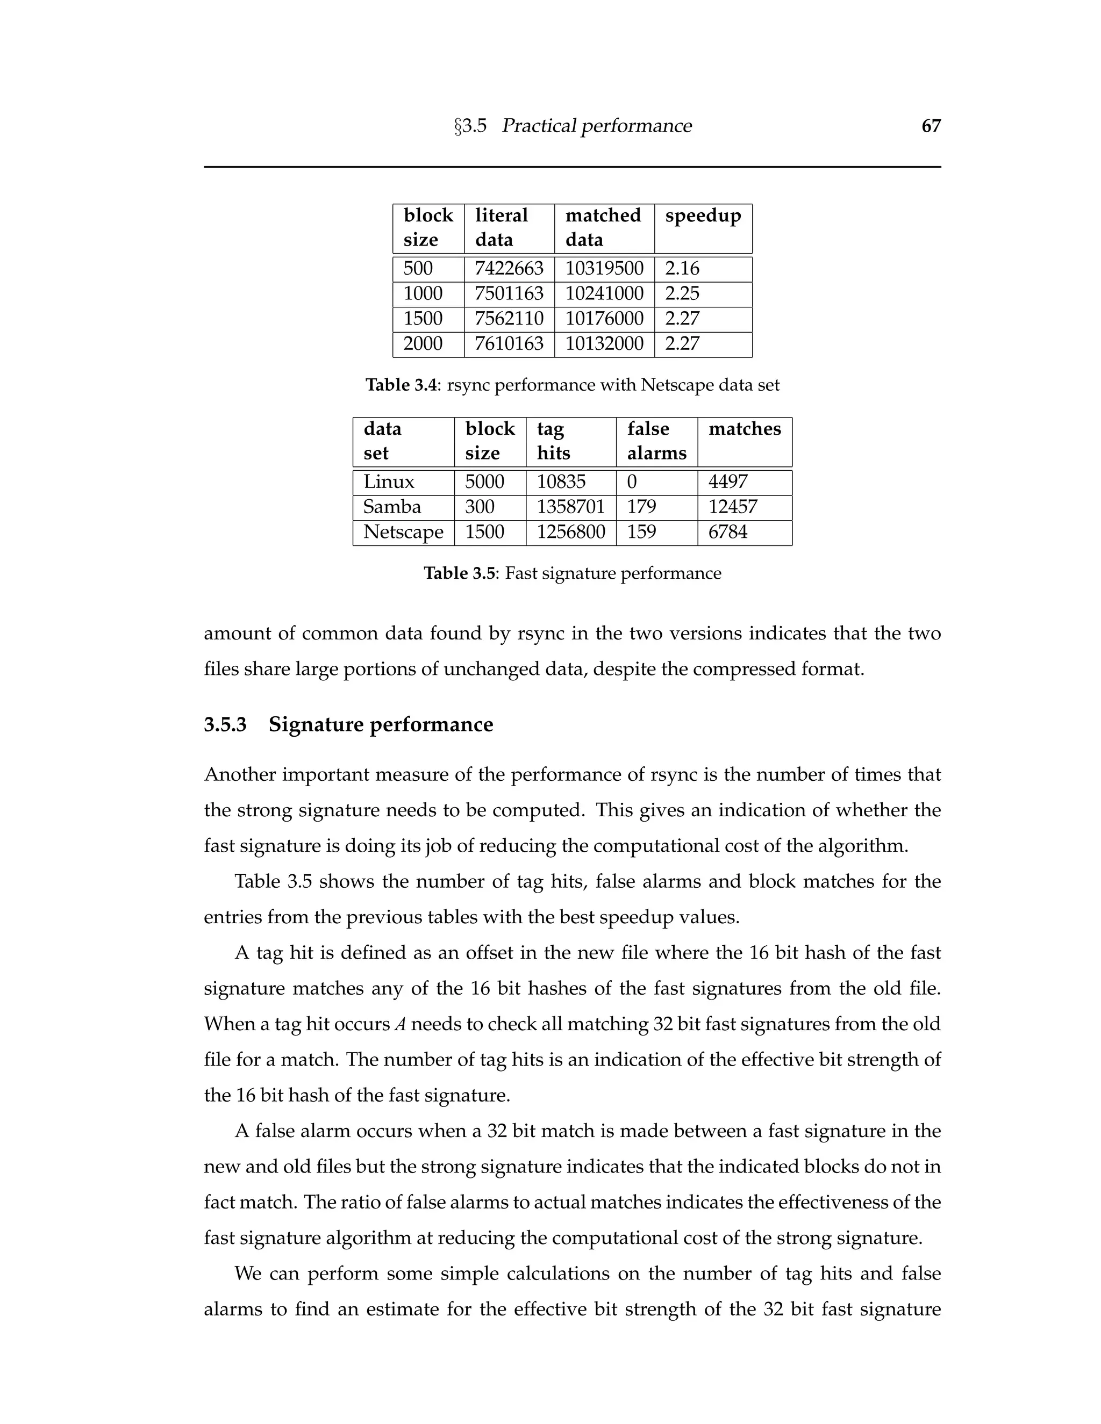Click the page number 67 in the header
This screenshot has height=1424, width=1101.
[931, 126]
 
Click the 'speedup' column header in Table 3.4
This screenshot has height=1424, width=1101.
[703, 216]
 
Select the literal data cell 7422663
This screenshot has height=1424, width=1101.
[509, 269]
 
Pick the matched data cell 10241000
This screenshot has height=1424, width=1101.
[604, 293]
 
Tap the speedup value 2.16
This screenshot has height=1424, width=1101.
[682, 269]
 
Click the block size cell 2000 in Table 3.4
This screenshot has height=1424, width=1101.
[423, 343]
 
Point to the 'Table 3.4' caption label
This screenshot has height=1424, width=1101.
[401, 385]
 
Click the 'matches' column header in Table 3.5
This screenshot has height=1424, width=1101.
[744, 429]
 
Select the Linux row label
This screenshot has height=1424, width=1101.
[389, 482]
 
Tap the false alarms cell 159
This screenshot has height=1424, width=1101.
[641, 532]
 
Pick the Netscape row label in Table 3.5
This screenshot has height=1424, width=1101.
[403, 532]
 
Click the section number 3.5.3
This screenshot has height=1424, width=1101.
[225, 724]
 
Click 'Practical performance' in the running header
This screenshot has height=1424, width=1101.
[596, 126]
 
